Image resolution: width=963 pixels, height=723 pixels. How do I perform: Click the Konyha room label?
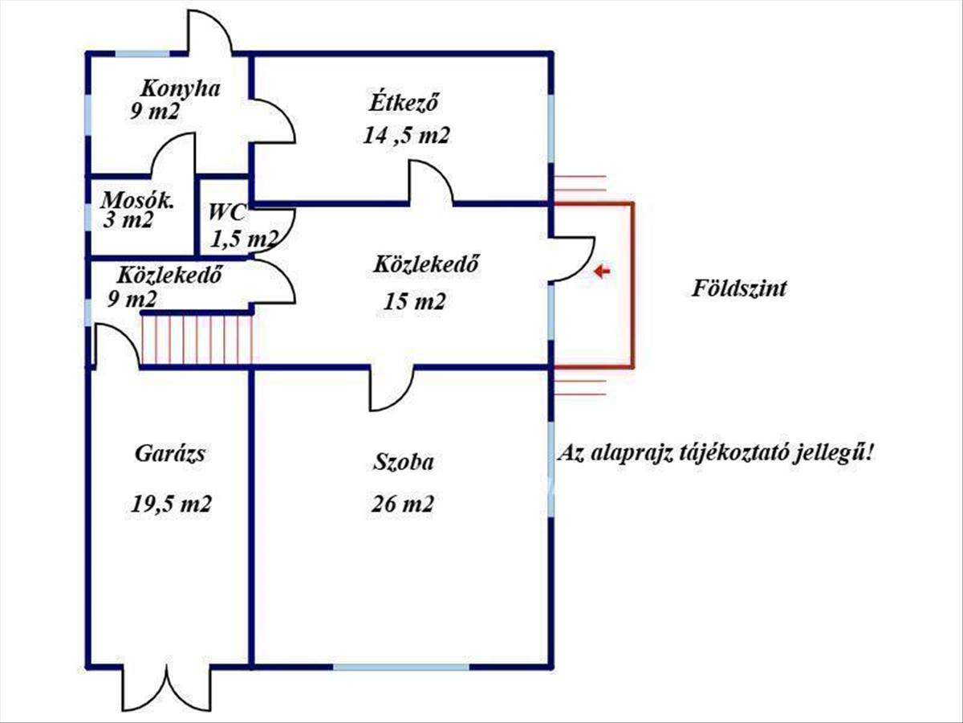click(181, 88)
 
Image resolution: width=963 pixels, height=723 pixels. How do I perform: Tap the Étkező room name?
click(404, 104)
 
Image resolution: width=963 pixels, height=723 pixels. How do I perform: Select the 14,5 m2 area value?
click(406, 136)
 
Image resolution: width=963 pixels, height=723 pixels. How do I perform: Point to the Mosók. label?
click(137, 201)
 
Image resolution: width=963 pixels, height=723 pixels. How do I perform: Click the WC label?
click(227, 212)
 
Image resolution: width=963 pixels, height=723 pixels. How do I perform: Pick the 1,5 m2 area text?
click(245, 239)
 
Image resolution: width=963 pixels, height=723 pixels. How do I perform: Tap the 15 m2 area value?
click(415, 301)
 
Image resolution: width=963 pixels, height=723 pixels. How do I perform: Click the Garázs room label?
click(170, 454)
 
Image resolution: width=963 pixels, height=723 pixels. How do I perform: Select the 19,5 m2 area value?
click(171, 504)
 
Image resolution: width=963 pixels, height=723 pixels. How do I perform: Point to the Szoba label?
click(403, 463)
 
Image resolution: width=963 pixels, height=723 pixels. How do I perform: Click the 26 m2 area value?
click(402, 504)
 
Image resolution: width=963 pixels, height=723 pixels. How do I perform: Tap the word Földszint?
click(739, 289)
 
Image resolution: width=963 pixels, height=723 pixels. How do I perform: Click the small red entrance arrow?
click(602, 272)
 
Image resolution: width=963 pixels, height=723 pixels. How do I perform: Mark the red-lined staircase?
click(197, 340)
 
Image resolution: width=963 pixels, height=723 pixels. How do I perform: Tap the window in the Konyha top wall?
click(142, 54)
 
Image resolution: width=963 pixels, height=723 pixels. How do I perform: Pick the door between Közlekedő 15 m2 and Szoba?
click(392, 388)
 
